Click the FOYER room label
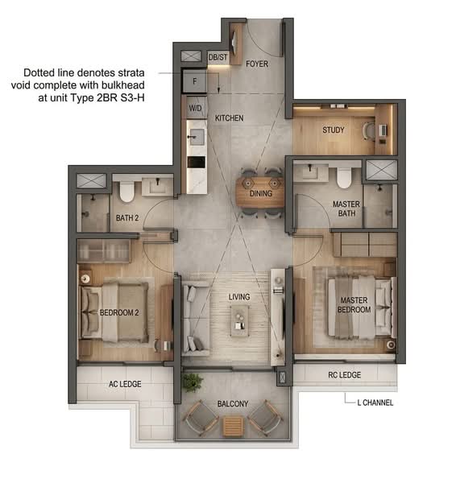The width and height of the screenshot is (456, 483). tap(257, 64)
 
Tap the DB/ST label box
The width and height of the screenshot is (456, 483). tap(218, 57)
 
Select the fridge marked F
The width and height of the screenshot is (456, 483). tap(195, 81)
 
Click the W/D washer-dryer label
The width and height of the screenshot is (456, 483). tap(196, 107)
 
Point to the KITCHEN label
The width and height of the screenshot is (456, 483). tap(229, 118)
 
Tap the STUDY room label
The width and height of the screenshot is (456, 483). tap(334, 130)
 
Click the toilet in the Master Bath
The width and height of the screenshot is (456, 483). tap(345, 175)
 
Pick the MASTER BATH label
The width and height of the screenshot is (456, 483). tap(346, 209)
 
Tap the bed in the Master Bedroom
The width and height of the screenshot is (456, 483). tap(354, 306)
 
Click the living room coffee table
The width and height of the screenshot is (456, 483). tap(239, 320)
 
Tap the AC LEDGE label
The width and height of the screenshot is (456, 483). tap(125, 384)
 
